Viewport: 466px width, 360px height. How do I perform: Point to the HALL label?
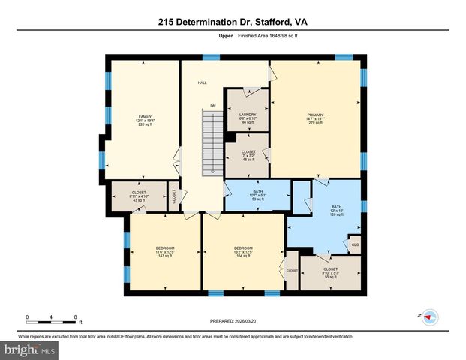(x=202, y=82)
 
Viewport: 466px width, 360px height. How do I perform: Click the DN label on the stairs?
(x=213, y=106)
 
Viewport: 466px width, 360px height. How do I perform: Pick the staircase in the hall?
(x=213, y=142)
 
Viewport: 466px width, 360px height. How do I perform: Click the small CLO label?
(x=355, y=244)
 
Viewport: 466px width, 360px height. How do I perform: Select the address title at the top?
(x=233, y=22)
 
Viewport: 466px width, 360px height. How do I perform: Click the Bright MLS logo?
(x=30, y=349)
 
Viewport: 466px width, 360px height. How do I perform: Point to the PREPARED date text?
(x=233, y=321)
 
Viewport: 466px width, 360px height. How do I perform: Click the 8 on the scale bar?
(x=76, y=316)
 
